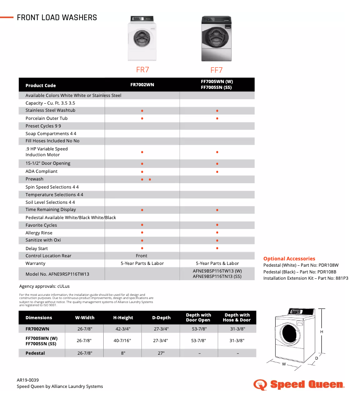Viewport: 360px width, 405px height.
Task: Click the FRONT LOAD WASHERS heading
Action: [57, 18]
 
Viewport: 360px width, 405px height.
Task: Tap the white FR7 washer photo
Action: [142, 39]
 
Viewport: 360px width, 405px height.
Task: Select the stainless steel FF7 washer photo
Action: [217, 39]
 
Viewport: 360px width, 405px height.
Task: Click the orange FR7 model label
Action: [142, 70]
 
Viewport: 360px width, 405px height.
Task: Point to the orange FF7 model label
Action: [216, 70]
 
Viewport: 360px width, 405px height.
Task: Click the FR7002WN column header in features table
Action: [142, 84]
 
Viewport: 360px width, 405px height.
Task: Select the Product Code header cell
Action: [41, 85]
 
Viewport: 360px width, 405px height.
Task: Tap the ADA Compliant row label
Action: [41, 172]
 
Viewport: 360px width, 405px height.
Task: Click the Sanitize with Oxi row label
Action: [43, 240]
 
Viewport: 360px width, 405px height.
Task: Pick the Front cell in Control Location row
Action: [142, 256]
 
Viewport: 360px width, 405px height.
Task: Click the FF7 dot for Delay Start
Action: [217, 248]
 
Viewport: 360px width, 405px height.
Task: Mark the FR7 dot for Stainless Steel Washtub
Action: [142, 110]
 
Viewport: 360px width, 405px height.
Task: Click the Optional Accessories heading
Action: [289, 259]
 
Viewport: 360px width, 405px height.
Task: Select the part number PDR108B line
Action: [300, 272]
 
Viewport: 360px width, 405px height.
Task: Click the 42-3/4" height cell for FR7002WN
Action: [123, 329]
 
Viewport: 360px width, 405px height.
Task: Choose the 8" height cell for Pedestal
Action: [123, 353]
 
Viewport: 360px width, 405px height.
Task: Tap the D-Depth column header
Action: [161, 318]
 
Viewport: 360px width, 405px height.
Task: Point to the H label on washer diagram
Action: [321, 332]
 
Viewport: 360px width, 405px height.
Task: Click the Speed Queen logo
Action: [299, 385]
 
